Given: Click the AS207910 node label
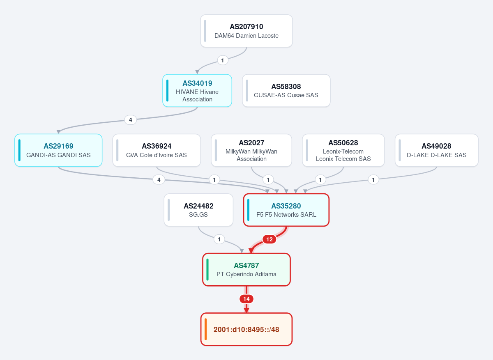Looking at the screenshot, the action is coord(246,27).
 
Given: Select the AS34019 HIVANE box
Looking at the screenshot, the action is coord(197,91).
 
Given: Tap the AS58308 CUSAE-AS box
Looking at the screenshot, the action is coord(286,91).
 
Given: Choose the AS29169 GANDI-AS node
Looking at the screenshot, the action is coord(58,150).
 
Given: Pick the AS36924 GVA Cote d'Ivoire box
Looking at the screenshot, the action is coord(157,150).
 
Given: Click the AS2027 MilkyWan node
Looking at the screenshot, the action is coord(251,150).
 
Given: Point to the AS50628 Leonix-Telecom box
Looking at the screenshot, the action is coord(343,150).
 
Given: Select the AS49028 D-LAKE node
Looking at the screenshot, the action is coord(437,150).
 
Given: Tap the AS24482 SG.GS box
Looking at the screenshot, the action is coord(198,210).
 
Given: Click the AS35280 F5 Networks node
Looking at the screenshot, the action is coord(286,210).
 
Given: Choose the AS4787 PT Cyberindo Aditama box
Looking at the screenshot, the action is coord(246,270).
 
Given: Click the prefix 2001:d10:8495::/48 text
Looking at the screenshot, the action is coord(246,330).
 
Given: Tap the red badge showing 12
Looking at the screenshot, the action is coord(270,239).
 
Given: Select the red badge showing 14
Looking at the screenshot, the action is coord(246,299).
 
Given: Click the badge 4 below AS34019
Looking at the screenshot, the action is coord(131,120).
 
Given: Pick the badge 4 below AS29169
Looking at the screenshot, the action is coord(159,180).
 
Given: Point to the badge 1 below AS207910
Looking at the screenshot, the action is coord(223,60).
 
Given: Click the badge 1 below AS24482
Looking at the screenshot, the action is coord(219,239).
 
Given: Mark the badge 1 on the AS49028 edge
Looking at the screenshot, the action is coord(373,180).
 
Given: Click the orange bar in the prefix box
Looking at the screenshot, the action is coord(205,329).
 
